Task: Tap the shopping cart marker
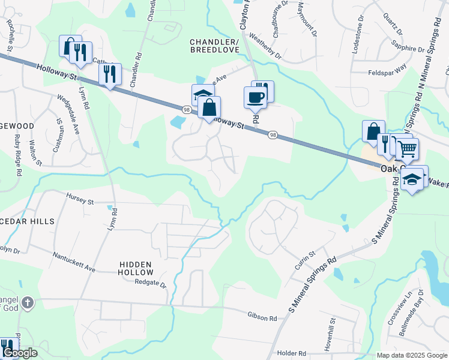click(408, 148)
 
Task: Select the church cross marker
click(26, 303)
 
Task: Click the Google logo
click(20, 353)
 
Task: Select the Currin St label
click(305, 261)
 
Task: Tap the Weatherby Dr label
click(262, 49)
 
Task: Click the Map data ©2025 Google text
click(412, 355)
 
